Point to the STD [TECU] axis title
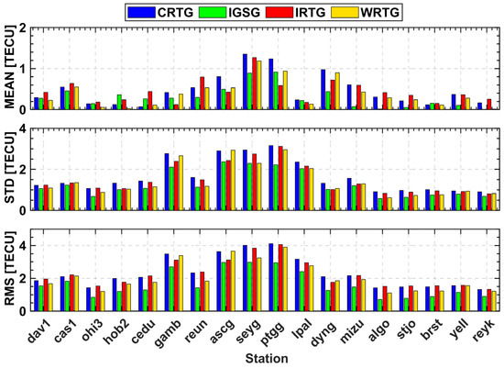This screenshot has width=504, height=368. coord(8,169)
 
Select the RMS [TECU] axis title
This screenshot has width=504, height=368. coord(8,270)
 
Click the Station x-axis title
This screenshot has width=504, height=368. coord(265,359)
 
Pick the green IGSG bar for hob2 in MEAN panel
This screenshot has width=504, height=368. coord(119,102)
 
